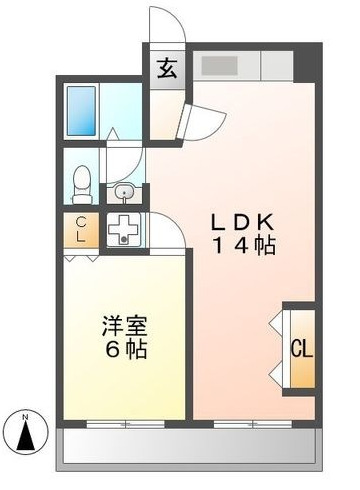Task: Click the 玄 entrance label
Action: [x=167, y=69]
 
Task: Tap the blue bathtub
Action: [x=81, y=111]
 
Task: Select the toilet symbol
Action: [x=82, y=185]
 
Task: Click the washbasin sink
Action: [x=124, y=193]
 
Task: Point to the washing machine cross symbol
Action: [x=124, y=229]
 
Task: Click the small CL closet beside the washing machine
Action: [x=81, y=230]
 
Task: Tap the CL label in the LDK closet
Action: [x=302, y=349]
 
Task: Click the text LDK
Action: [x=243, y=222]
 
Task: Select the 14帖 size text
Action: [x=244, y=246]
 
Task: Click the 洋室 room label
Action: [x=125, y=326]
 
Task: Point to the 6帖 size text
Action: [x=126, y=349]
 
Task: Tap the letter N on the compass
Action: [x=25, y=417]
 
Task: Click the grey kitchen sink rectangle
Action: [x=219, y=66]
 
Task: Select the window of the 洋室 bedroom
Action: [x=125, y=424]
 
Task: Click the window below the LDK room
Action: [x=253, y=424]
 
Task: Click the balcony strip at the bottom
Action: [x=189, y=447]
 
